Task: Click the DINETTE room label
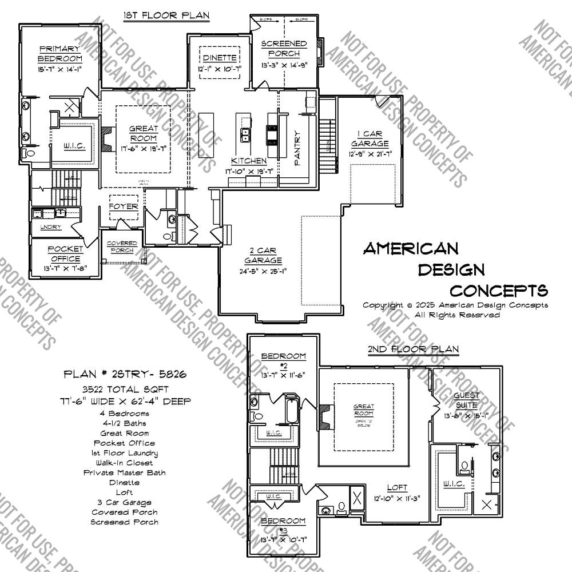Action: pyautogui.click(x=219, y=58)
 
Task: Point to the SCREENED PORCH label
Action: pyautogui.click(x=284, y=49)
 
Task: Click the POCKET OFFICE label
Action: pyautogui.click(x=64, y=254)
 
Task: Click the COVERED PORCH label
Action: pyautogui.click(x=121, y=247)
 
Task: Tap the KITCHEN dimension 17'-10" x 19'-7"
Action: pyautogui.click(x=249, y=170)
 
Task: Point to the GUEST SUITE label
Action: pyautogui.click(x=467, y=400)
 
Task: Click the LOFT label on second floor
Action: pyautogui.click(x=397, y=488)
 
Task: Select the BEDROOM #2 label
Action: pyautogui.click(x=283, y=360)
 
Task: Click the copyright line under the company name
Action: pyautogui.click(x=455, y=305)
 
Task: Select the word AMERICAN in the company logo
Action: pyautogui.click(x=411, y=248)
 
